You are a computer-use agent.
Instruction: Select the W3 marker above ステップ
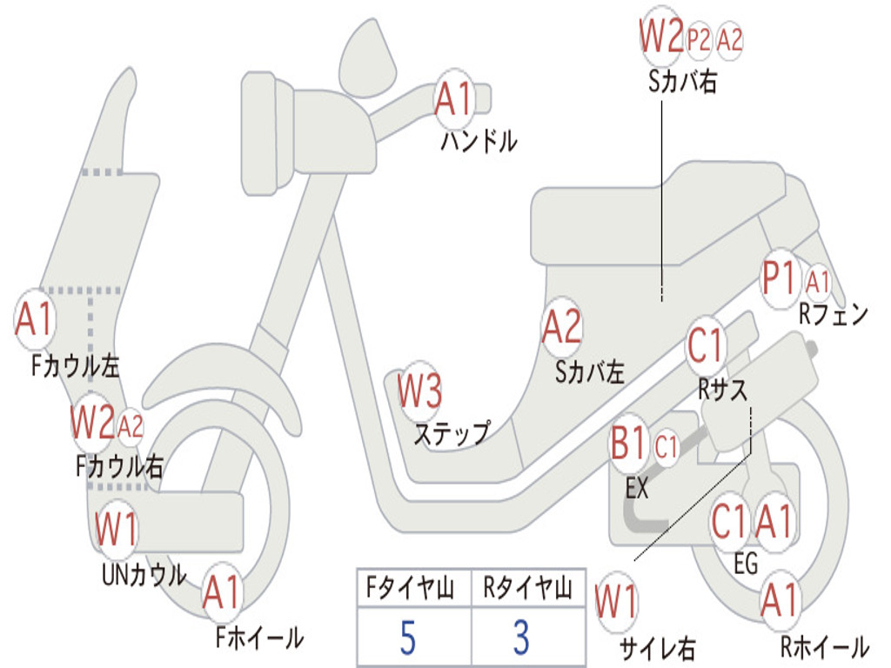coord(419,391)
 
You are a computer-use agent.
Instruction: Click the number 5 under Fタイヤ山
coord(408,638)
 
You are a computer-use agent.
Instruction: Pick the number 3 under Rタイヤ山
coord(521,638)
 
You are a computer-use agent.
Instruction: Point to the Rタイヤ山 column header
coord(527,590)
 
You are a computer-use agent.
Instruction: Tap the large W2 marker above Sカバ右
coord(661,37)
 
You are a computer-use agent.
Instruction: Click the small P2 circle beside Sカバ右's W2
coord(699,39)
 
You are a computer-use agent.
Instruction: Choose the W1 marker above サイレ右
coord(616,602)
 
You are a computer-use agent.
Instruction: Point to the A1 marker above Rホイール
coord(779,600)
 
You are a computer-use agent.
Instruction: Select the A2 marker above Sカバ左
coord(561,327)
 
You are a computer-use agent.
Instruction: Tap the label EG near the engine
coord(746,565)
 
